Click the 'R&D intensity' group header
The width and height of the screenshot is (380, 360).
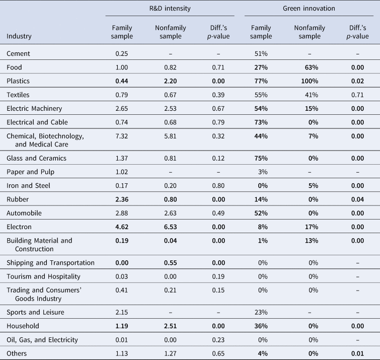(170, 9)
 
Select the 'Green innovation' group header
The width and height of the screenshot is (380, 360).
(309, 9)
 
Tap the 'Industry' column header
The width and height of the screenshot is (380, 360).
(19, 36)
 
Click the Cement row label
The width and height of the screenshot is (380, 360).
(18, 53)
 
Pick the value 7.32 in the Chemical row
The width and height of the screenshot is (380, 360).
(122, 136)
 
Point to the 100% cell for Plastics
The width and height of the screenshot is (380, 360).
(310, 81)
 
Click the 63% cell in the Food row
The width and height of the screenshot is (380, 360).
(312, 67)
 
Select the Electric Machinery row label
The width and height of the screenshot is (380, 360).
(34, 109)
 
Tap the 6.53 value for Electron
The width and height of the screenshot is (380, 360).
(170, 227)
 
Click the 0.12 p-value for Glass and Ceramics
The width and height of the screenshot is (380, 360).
(218, 158)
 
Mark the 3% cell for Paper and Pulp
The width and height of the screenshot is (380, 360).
(263, 172)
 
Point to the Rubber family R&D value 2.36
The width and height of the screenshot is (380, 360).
(122, 199)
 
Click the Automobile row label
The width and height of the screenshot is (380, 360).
(24, 213)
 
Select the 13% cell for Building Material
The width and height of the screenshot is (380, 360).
(312, 241)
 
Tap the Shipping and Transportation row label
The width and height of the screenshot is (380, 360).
(50, 263)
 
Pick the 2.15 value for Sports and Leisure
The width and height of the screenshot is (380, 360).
(122, 312)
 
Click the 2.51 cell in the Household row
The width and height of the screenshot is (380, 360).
(170, 326)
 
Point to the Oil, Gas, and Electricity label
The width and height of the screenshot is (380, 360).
(42, 340)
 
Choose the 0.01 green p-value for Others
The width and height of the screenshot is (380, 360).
(357, 353)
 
